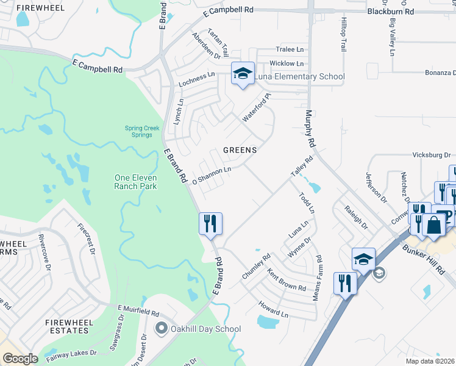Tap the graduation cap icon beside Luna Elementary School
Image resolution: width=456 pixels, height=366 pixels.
[x=242, y=74]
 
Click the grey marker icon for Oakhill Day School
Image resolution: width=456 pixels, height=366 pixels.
[x=162, y=329]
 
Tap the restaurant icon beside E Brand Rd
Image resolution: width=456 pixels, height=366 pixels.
[x=210, y=223]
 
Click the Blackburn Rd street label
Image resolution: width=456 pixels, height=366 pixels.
[x=391, y=12]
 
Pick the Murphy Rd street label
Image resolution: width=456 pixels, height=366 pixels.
[x=309, y=132]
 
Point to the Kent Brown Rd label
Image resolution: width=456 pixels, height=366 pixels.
[x=287, y=278]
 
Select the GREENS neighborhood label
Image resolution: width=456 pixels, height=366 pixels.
[x=240, y=149]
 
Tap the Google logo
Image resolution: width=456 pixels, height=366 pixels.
[x=20, y=359]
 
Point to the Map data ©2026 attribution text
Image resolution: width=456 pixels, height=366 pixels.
[x=430, y=361]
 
